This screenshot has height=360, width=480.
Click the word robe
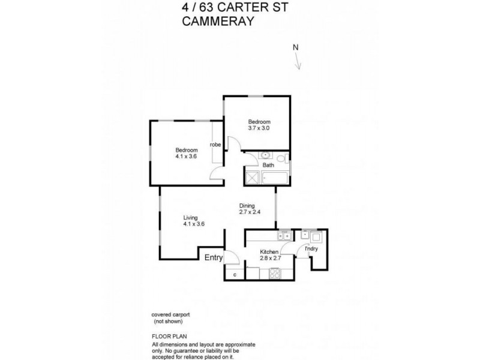coord(215,144)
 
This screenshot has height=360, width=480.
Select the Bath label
coord(268,165)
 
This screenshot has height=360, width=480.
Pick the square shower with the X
coord(253,178)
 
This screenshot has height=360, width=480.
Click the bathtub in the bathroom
coord(275,178)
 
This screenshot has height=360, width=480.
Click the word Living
coord(191,218)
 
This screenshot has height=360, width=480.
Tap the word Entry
coord(214,258)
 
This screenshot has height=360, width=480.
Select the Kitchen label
coord(269,252)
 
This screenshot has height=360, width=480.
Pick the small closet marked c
coord(235,275)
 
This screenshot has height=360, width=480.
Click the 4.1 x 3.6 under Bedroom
coord(186,156)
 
